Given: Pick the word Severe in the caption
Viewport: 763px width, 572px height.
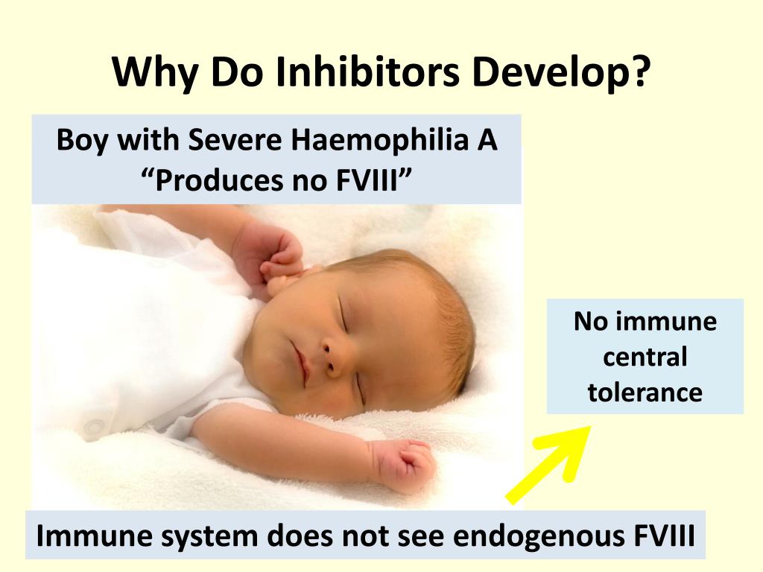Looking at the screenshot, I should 235,140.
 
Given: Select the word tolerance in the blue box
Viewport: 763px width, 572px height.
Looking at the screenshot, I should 645,392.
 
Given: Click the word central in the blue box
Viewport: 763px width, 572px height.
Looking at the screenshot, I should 645,357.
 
